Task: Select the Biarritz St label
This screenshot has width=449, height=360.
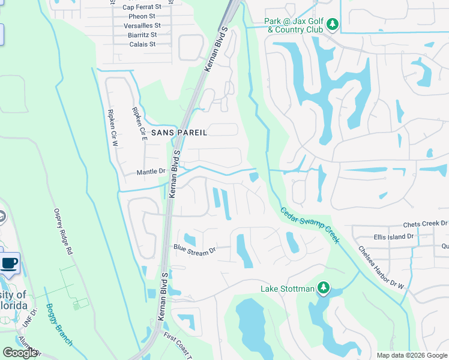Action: tap(142, 35)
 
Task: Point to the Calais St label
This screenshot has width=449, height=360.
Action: tap(142, 44)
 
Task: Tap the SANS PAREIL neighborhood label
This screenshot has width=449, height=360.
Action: tap(179, 132)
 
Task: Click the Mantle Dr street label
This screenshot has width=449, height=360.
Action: tap(151, 172)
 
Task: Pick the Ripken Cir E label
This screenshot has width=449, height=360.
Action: tap(139, 123)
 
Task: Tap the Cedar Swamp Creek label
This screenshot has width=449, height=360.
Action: tap(310, 225)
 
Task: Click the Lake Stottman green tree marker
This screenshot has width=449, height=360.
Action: tap(324, 289)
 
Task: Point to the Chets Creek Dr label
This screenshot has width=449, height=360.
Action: tap(426, 224)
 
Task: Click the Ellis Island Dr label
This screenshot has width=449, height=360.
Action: tap(393, 236)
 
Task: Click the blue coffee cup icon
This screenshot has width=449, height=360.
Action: tap(9, 263)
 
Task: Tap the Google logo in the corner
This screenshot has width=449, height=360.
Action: tap(20, 353)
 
